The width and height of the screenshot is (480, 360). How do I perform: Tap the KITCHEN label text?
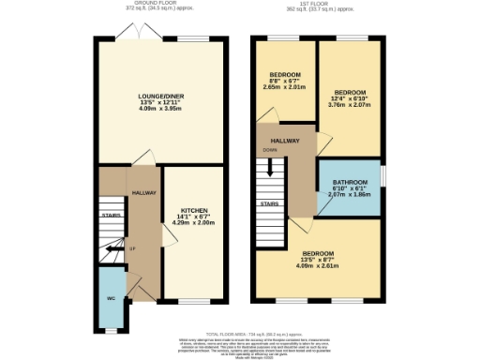point(194,210)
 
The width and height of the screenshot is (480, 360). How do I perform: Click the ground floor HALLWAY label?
point(143,192)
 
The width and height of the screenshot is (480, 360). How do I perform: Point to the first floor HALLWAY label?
point(286,141)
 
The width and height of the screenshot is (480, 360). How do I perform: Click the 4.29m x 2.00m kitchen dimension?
point(194,223)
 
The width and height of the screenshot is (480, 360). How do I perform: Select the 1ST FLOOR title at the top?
point(319,4)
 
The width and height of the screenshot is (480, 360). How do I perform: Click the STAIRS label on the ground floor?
point(112,215)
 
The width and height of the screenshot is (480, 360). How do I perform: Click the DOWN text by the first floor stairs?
point(269,149)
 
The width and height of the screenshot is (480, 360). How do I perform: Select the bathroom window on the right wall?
point(382,176)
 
